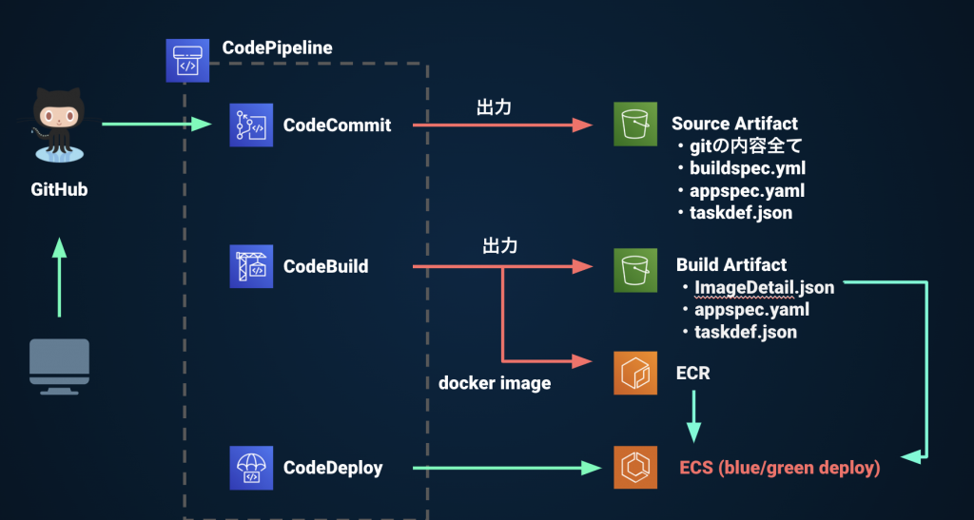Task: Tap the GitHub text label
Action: click(59, 190)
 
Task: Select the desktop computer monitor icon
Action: click(59, 365)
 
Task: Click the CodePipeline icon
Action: click(187, 60)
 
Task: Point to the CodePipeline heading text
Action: click(277, 48)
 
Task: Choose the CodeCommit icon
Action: click(251, 125)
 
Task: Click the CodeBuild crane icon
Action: click(251, 266)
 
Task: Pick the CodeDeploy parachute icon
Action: click(251, 467)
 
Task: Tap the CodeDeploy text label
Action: click(333, 468)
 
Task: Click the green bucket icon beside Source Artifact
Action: click(635, 125)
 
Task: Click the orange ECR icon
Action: click(635, 373)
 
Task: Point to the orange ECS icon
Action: click(635, 467)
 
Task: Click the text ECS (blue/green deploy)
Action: click(779, 468)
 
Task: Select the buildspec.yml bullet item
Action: click(740, 168)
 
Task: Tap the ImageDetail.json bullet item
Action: click(764, 287)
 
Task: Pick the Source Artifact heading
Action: click(734, 124)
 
